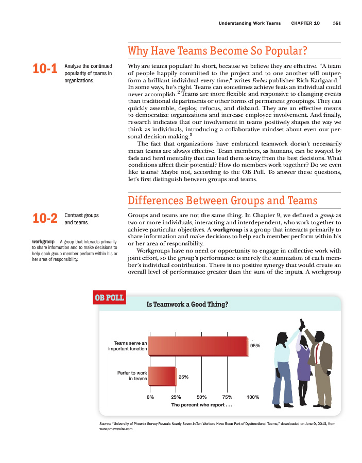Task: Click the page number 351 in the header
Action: coord(337,23)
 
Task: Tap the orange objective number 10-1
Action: coord(45,69)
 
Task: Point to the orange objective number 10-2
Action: coord(45,219)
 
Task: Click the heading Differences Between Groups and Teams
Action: coord(222,200)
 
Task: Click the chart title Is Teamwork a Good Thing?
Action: coord(187,304)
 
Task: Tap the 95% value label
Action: coord(255,346)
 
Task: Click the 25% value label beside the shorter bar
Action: coord(183,377)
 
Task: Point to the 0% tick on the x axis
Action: coord(150,397)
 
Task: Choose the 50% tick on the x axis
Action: coord(201,397)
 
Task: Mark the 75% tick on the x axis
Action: coord(227,397)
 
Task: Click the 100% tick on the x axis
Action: coord(252,397)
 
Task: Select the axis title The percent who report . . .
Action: coord(202,405)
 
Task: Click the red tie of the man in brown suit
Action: coord(317,353)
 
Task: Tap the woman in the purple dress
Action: coord(304,360)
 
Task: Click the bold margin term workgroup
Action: coord(43,241)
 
